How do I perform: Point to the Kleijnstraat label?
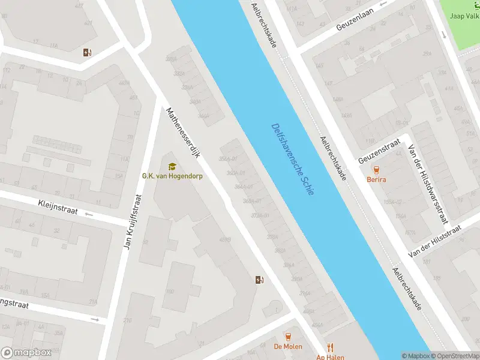[58, 208]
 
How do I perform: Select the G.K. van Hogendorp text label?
[172, 176]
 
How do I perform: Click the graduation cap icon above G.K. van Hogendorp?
[172, 166]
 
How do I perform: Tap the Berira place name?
[377, 179]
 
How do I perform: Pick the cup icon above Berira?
[377, 169]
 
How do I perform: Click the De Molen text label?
[288, 347]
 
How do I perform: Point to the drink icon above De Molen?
[288, 336]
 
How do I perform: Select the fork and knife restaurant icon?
[329, 347]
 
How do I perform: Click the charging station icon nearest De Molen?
[259, 280]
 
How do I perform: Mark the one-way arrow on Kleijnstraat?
[89, 214]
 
